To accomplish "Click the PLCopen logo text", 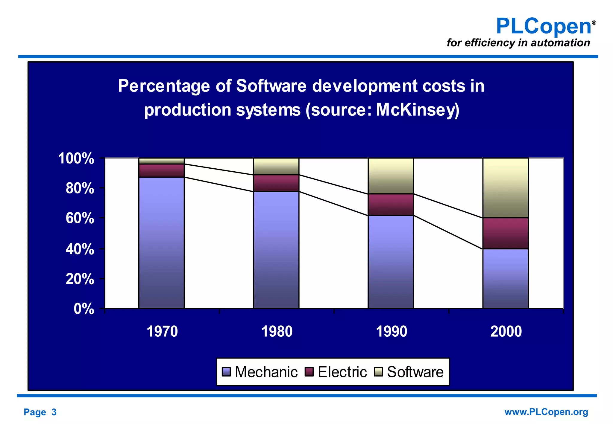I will tap(543, 26).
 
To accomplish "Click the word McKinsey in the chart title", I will tap(417, 110).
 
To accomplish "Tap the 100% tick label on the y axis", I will tap(76, 158).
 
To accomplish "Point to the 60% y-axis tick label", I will tap(80, 218).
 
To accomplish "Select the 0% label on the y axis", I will tap(84, 309).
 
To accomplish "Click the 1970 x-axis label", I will tap(162, 331).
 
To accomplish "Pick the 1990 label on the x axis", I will tap(391, 331).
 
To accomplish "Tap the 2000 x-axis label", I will tap(506, 331).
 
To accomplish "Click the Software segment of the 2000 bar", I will tap(506, 188).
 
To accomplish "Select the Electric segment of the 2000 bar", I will tap(506, 233).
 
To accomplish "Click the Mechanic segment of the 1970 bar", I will tap(161, 242).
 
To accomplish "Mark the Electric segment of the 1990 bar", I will tap(391, 205).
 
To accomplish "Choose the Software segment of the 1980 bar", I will tap(276, 166).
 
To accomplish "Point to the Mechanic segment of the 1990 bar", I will tap(391, 262).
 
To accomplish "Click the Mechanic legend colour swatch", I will tap(226, 372).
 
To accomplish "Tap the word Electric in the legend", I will tap(342, 372).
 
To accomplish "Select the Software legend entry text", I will tap(415, 372).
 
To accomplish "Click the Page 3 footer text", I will tap(40, 412).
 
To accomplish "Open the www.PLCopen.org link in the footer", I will tap(546, 412).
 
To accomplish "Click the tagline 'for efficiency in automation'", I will tap(518, 43).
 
